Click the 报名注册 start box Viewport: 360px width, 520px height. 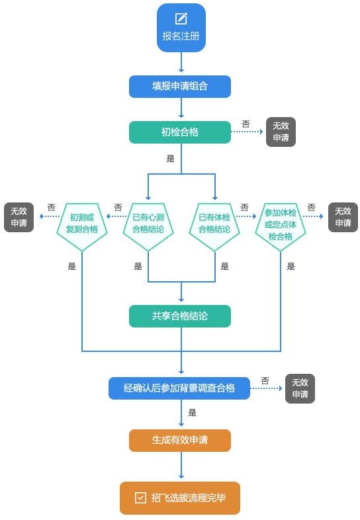tap(181, 28)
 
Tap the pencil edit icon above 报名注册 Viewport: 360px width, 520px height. tap(181, 19)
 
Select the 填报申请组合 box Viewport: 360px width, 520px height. tap(180, 87)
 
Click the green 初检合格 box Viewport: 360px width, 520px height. tap(180, 132)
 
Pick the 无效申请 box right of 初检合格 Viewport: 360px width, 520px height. tap(281, 132)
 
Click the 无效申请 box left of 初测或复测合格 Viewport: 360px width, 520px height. tap(19, 217)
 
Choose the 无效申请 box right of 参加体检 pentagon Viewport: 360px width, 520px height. tap(343, 217)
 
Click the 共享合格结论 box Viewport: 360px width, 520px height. tap(180, 316)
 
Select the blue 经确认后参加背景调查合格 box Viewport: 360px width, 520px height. tap(179, 388)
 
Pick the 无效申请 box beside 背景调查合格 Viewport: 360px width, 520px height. tap(300, 388)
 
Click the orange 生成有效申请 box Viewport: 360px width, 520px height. tap(180, 441)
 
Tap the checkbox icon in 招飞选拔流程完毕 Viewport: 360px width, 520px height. tap(140, 498)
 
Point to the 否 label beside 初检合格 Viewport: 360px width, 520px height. tap(246, 124)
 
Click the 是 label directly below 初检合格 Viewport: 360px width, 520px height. tap(171, 159)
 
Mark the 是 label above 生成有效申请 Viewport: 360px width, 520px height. tap(193, 413)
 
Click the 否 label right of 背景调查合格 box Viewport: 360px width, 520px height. tap(265, 380)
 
